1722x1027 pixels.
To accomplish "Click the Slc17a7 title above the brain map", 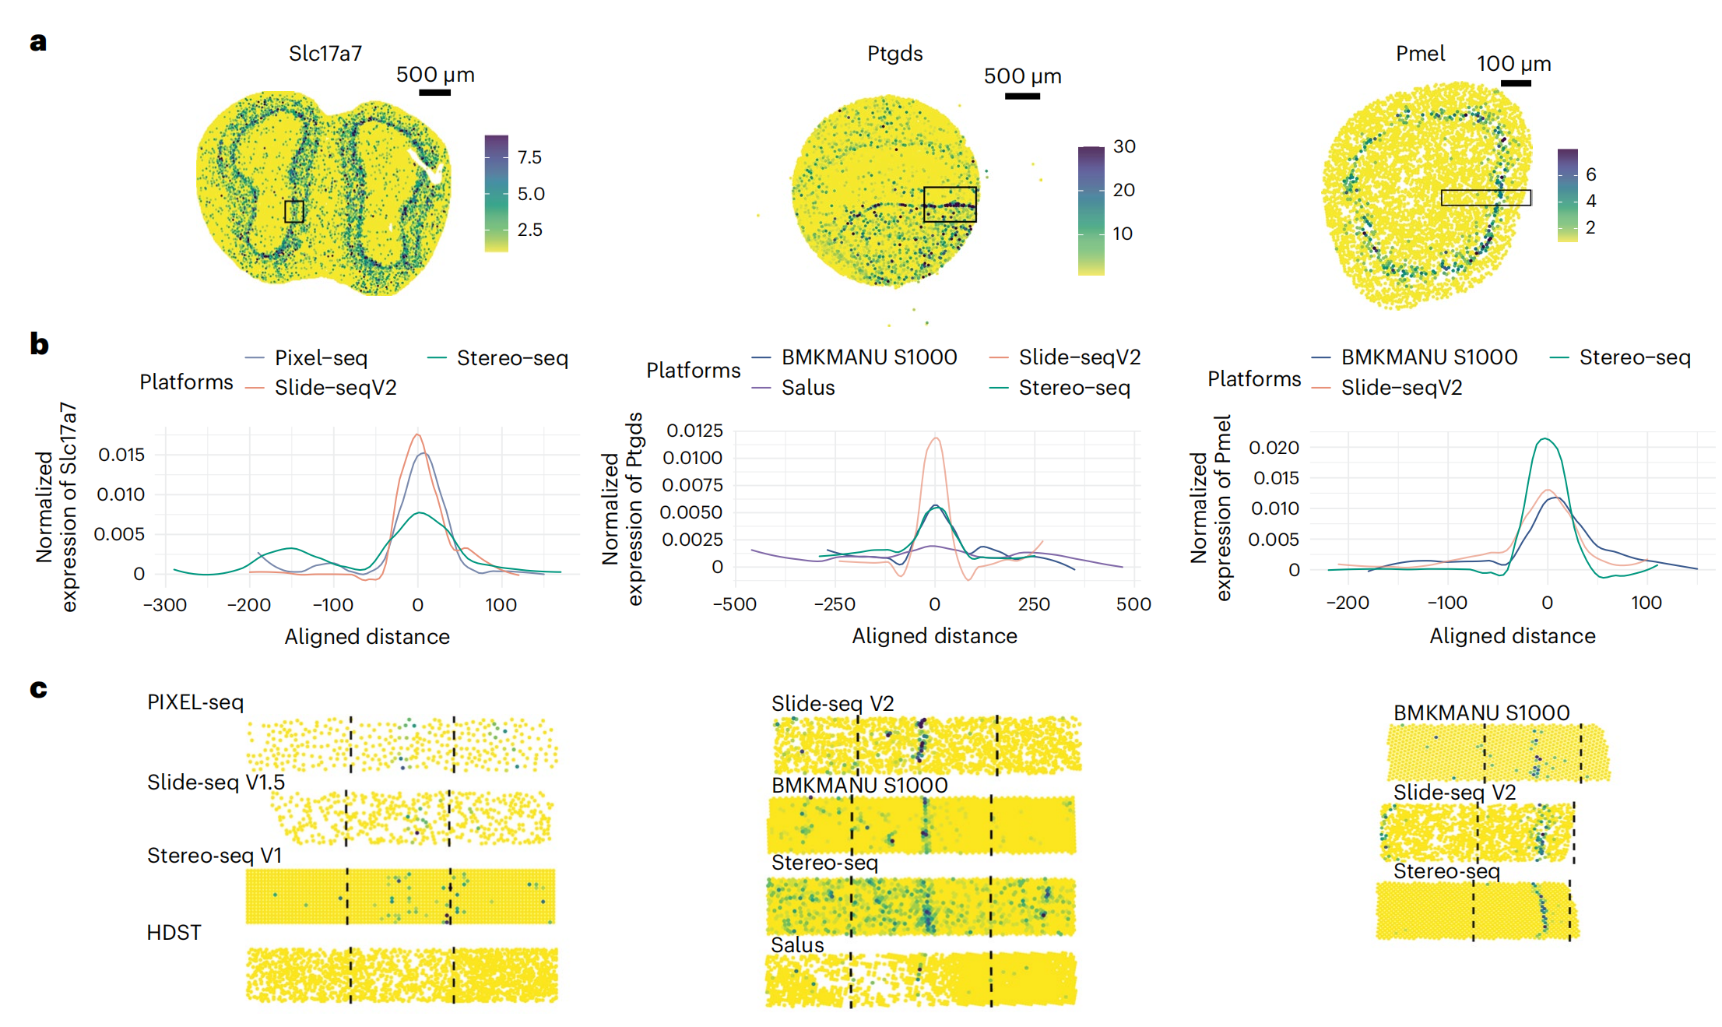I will tap(325, 53).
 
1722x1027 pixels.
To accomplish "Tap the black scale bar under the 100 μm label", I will tap(1515, 83).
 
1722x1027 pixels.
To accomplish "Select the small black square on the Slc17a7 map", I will tap(293, 211).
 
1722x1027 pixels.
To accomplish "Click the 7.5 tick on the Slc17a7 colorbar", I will tap(529, 157).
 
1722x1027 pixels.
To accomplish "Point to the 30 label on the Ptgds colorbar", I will tap(1124, 146).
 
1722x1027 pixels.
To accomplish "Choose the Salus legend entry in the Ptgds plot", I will tap(807, 388).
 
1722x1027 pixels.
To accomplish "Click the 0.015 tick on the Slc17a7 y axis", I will tap(121, 455).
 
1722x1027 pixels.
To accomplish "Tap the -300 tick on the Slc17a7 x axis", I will tap(165, 605).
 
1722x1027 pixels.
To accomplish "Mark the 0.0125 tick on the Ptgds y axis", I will tap(694, 431).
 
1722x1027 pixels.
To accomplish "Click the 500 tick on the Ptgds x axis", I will tap(1133, 604).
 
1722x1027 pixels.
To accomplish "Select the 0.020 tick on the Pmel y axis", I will tap(1274, 448).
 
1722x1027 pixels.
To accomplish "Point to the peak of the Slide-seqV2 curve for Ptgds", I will tap(936, 438).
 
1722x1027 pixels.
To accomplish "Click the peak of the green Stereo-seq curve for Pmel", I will tap(1545, 439).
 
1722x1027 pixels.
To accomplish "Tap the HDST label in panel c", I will tap(174, 933).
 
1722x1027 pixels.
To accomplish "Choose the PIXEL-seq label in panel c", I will tap(195, 702).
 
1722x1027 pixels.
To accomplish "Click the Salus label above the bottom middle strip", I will tap(797, 945).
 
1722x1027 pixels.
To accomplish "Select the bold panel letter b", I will tap(39, 344).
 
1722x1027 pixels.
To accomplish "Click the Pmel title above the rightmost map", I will tap(1420, 54).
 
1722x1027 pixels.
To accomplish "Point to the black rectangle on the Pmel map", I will tap(1485, 198).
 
